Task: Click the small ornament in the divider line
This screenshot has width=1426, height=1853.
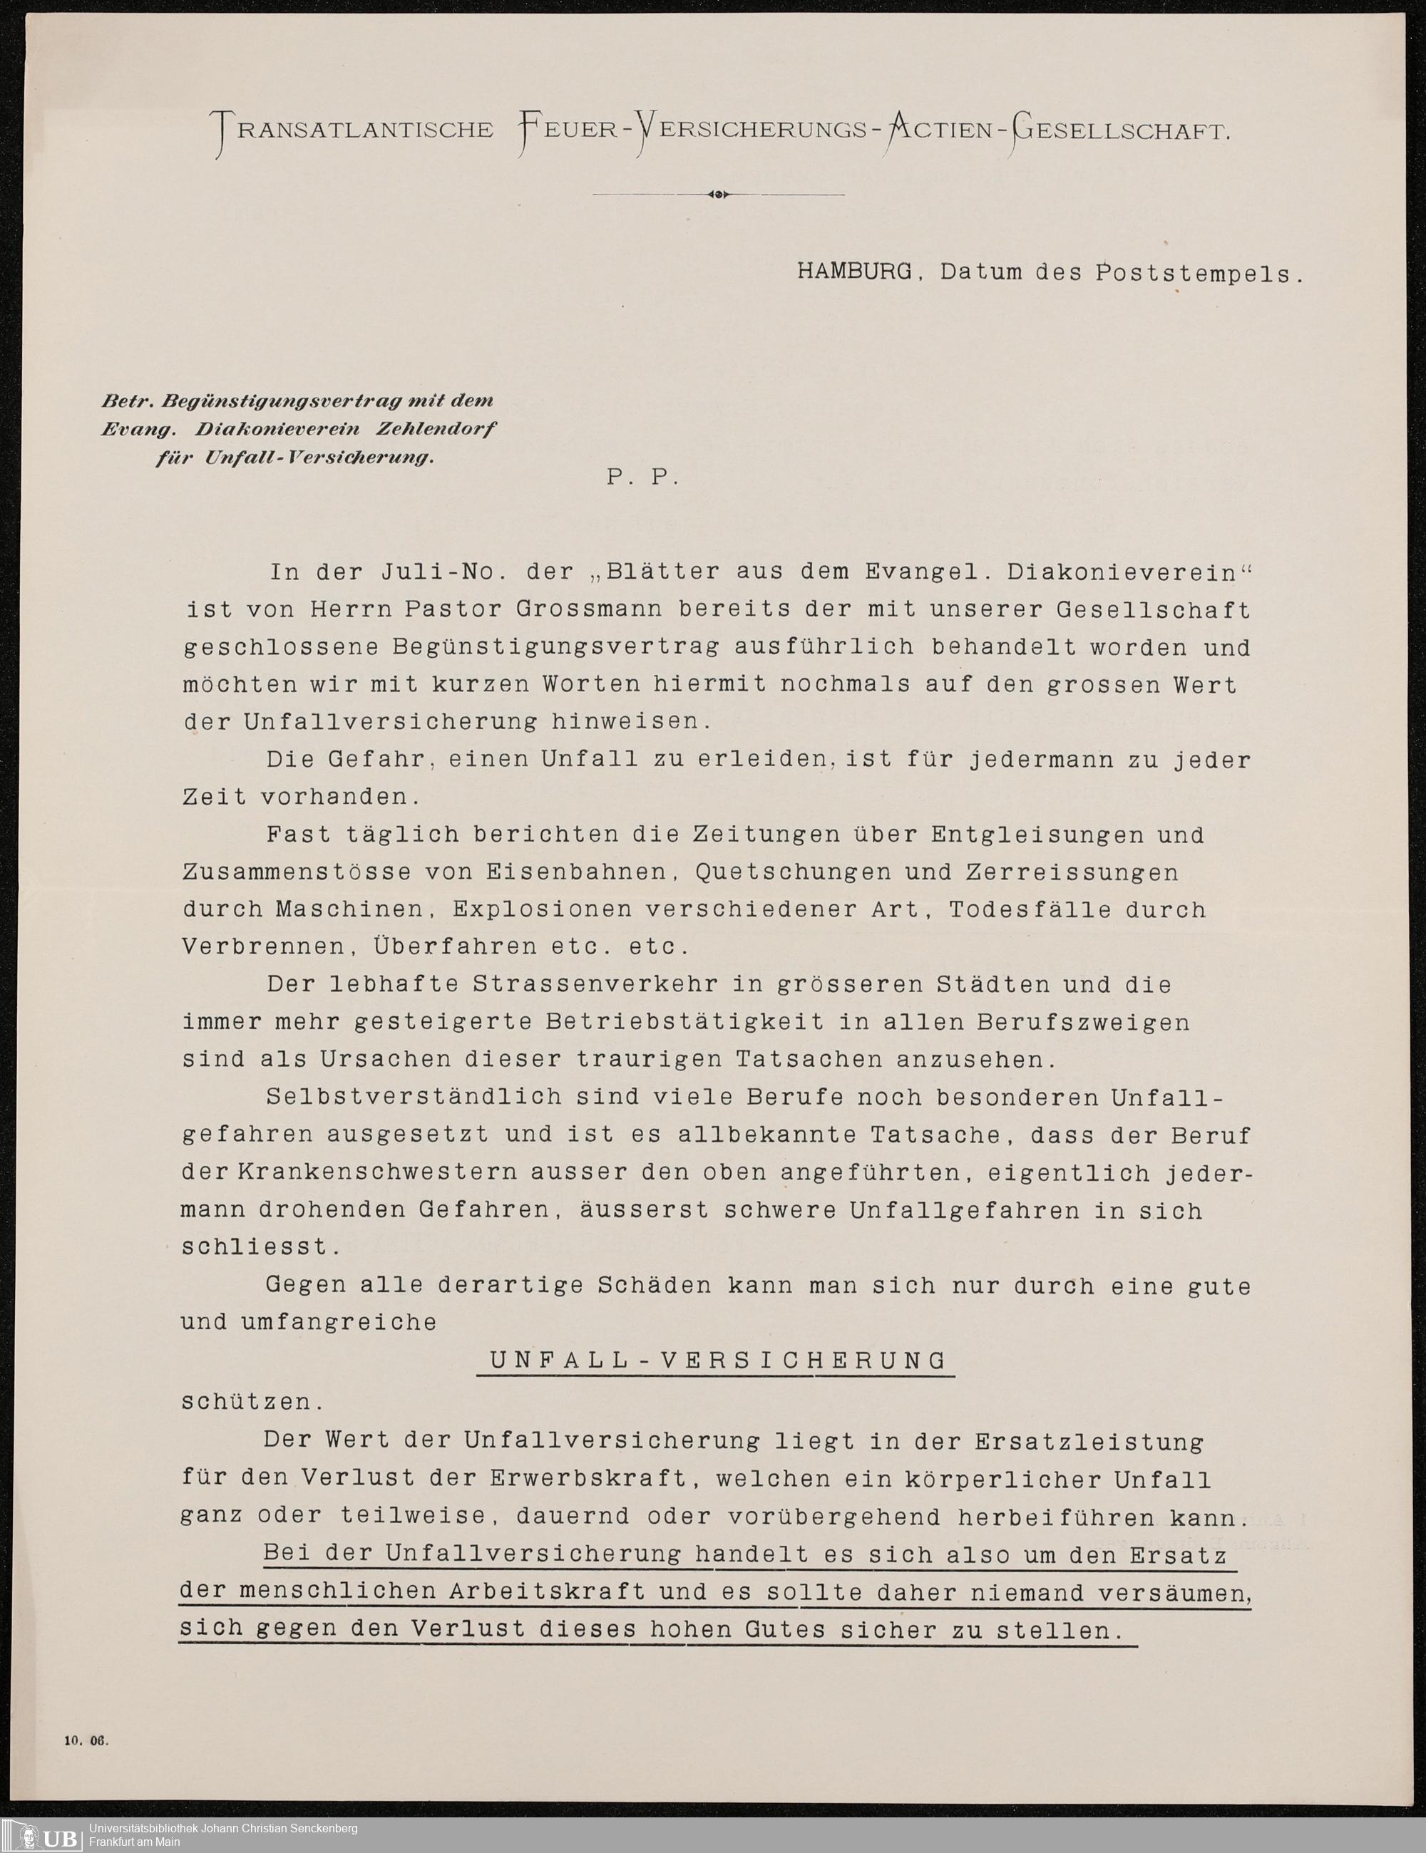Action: click(x=718, y=195)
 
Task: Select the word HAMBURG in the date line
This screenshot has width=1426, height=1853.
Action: click(x=854, y=272)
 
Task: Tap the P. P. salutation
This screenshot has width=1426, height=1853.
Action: click(x=642, y=477)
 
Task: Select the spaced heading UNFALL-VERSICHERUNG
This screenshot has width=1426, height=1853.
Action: click(x=717, y=1360)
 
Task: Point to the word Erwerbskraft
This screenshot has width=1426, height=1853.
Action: click(x=587, y=1477)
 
